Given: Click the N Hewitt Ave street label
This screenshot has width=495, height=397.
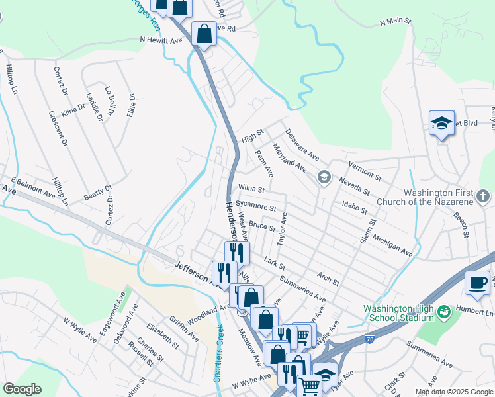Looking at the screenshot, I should point(161,40).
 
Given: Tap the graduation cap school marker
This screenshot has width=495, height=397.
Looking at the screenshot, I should point(441,123).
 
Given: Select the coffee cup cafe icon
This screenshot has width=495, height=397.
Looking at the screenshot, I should point(477,284).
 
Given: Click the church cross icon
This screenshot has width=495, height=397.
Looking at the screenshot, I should point(483,197).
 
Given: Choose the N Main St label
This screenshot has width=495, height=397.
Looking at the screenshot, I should point(396,22).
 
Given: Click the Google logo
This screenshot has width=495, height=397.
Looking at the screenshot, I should point(22,389).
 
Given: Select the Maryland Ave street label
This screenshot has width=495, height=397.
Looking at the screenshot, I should point(290,159).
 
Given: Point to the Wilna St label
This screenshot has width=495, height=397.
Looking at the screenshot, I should point(251,189).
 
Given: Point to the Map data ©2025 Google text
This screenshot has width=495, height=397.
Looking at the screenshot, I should point(454,392).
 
